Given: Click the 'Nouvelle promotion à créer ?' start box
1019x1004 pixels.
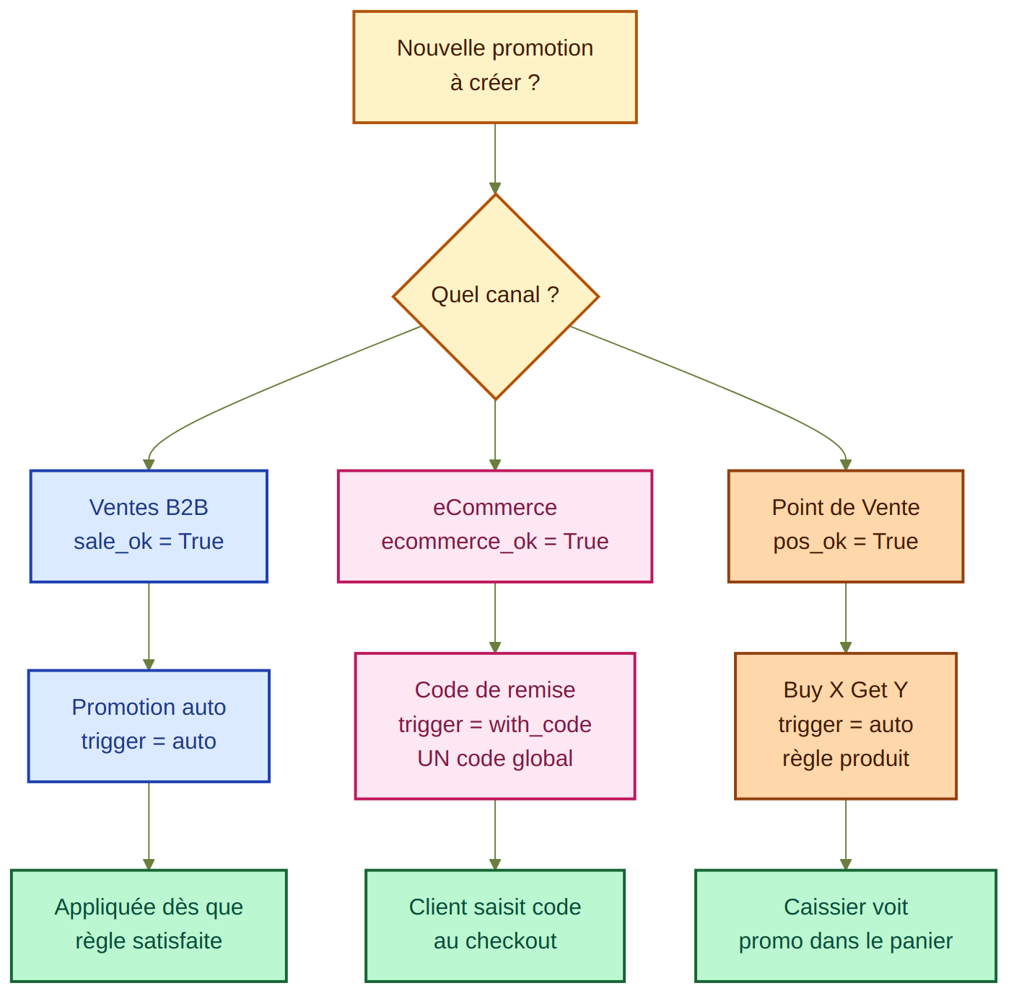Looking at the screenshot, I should pos(494,66).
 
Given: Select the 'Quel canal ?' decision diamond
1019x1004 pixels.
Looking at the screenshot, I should pos(495,296).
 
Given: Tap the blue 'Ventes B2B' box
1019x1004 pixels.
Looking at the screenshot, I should pos(149,526).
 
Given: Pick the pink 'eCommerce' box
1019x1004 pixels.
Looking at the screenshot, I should pos(494,526).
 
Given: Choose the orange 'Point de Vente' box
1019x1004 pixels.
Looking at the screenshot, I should pos(845,526).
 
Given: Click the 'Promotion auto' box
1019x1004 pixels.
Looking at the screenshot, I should pos(149,725).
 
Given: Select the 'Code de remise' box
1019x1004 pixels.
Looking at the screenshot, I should pos(494,725).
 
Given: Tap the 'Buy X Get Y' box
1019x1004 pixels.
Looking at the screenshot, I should pos(845,725).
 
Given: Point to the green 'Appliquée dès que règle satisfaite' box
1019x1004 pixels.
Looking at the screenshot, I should pos(149,925).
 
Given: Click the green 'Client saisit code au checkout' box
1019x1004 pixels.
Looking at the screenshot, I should pos(494,925).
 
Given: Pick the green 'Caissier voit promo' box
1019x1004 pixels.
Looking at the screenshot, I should pos(845,925).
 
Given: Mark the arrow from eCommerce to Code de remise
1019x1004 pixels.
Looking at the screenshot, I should pos(495,617).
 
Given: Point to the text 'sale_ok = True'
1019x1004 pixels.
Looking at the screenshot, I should pos(149,542).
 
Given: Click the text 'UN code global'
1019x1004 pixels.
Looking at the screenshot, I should pos(495,759).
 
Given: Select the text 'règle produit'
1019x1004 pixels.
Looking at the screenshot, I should pos(846,759).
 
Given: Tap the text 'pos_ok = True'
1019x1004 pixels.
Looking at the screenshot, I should pos(846,542).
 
